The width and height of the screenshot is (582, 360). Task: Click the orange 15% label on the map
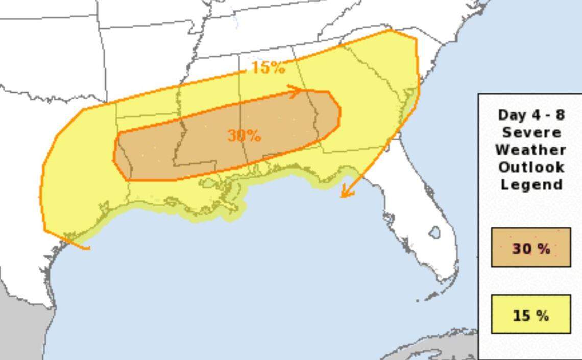pos(268,67)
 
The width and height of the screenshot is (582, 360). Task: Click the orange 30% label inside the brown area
pos(244,135)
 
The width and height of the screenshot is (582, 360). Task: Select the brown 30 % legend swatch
pos(530,248)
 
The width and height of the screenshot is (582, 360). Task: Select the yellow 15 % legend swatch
pos(530,315)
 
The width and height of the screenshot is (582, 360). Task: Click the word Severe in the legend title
pos(531,133)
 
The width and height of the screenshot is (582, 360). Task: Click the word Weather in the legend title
pos(531,150)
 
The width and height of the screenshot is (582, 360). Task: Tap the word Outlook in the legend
pos(531,167)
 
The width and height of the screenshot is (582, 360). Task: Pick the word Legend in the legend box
pos(531,184)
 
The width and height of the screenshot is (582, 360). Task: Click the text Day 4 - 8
pos(531,115)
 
